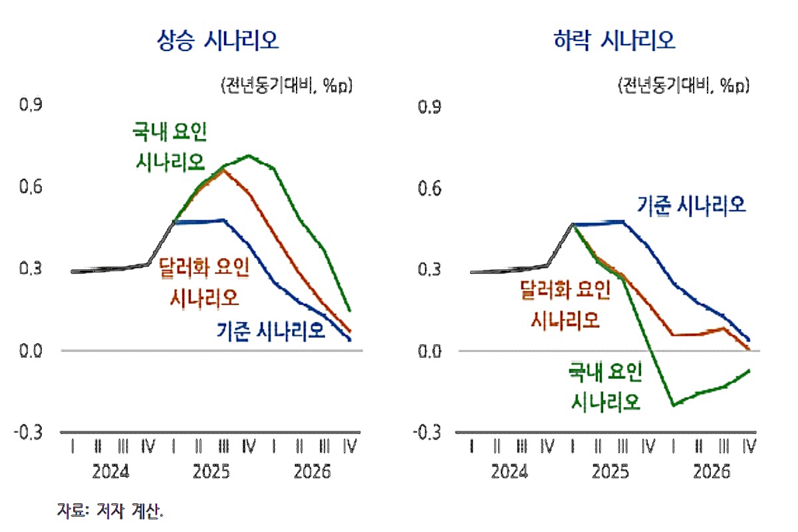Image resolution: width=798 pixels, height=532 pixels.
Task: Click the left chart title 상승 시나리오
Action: click(217, 41)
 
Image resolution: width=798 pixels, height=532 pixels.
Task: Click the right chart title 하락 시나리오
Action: click(614, 41)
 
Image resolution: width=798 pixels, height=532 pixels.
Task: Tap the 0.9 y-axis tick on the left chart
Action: click(31, 105)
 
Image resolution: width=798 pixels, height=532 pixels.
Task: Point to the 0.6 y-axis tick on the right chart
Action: click(429, 188)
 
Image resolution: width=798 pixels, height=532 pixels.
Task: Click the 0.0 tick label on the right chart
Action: click(429, 350)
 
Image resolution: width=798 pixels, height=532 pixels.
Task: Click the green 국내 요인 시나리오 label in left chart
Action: click(171, 147)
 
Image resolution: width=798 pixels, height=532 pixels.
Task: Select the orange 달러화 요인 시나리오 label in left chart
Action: click(204, 282)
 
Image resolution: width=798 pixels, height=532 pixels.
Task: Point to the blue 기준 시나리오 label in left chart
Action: click(271, 329)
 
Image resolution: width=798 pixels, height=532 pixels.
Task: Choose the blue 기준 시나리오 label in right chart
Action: click(692, 204)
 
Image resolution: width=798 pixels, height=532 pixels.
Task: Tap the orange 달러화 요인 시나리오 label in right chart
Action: click(565, 304)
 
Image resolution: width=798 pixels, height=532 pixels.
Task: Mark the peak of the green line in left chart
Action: click(249, 156)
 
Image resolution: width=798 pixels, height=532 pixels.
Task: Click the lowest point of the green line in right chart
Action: click(674, 404)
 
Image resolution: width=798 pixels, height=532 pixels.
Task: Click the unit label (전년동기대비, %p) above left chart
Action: click(286, 86)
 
